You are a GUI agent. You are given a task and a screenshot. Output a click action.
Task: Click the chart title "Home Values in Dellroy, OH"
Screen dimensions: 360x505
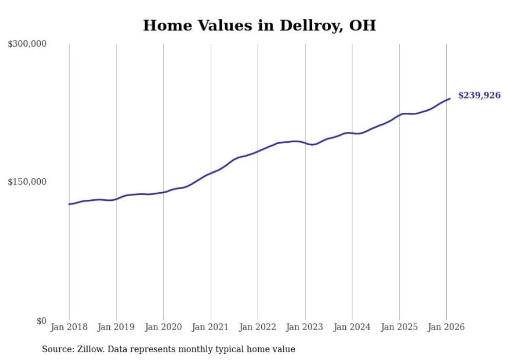(259, 25)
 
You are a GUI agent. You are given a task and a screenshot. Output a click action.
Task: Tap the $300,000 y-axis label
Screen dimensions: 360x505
(27, 44)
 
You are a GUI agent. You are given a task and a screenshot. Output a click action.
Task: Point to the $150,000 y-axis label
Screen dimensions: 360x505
(27, 182)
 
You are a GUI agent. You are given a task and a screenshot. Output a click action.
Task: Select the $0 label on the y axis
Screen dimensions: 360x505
(41, 321)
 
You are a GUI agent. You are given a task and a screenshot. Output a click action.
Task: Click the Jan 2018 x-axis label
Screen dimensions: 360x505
(69, 327)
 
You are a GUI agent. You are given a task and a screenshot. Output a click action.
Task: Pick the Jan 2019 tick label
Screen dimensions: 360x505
(116, 327)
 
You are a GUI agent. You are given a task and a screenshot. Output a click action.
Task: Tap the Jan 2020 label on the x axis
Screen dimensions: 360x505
(163, 327)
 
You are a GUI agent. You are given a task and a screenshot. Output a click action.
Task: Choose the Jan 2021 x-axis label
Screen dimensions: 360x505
(211, 327)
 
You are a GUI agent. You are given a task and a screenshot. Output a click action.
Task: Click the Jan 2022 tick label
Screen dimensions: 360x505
(258, 327)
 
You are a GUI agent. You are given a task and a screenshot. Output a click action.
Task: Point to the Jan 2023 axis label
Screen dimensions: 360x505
(305, 327)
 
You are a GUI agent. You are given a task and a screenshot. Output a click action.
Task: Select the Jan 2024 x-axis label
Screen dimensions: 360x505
(352, 327)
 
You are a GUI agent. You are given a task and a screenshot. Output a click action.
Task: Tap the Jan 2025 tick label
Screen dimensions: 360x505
(399, 327)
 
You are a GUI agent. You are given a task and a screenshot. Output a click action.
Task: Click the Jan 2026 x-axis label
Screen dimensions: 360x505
(446, 327)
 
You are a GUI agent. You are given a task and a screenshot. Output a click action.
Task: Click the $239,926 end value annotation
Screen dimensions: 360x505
(479, 95)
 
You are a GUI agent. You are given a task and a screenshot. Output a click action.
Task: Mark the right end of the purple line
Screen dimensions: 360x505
(450, 98)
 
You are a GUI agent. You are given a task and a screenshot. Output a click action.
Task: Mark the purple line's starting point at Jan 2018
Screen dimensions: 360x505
(69, 204)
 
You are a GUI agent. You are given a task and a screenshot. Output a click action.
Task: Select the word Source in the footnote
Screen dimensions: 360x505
(56, 349)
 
